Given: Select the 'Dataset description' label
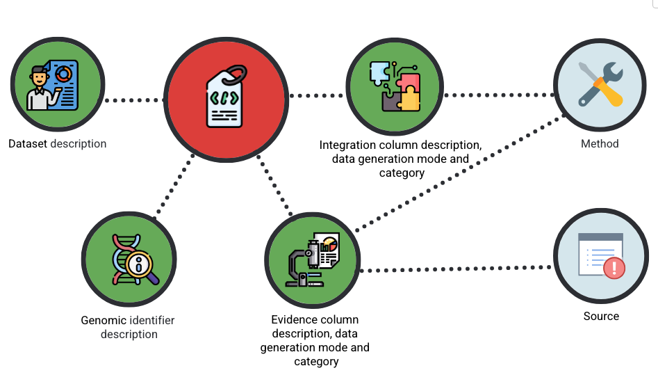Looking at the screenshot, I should (58, 144).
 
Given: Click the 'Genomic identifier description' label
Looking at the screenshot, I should (128, 327).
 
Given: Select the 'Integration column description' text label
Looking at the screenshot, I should (401, 145).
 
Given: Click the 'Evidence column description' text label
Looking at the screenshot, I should (315, 320).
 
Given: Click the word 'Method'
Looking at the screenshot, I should (600, 144).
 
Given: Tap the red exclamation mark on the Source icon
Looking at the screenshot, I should (612, 268).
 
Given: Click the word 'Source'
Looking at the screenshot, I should (601, 316).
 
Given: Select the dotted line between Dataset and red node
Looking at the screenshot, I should (134, 100).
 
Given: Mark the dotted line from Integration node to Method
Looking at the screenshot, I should (499, 95).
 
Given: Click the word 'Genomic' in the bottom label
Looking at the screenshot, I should (104, 321).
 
